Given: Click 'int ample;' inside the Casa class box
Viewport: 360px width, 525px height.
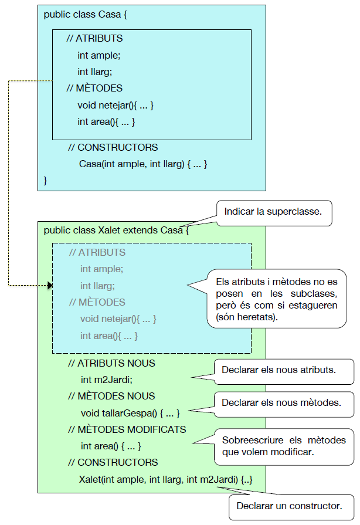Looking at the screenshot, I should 99,55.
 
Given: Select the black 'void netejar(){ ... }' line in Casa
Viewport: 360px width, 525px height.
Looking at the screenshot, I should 115,106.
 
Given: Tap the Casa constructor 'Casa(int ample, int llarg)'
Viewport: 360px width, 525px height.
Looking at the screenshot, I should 143,164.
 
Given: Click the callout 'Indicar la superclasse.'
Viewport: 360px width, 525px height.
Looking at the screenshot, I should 273,211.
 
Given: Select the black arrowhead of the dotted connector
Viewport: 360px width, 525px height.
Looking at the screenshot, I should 50,286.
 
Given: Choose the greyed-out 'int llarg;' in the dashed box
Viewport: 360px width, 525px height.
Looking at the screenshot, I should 97,286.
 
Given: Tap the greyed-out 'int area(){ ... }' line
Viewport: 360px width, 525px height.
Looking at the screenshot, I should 109,336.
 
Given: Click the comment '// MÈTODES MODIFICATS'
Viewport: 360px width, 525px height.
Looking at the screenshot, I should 127,429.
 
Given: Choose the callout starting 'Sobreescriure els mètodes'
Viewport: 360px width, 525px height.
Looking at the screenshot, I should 284,446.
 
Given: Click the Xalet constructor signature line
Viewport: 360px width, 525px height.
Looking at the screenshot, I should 167,480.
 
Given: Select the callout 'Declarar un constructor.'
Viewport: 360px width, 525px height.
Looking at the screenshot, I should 289,505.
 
